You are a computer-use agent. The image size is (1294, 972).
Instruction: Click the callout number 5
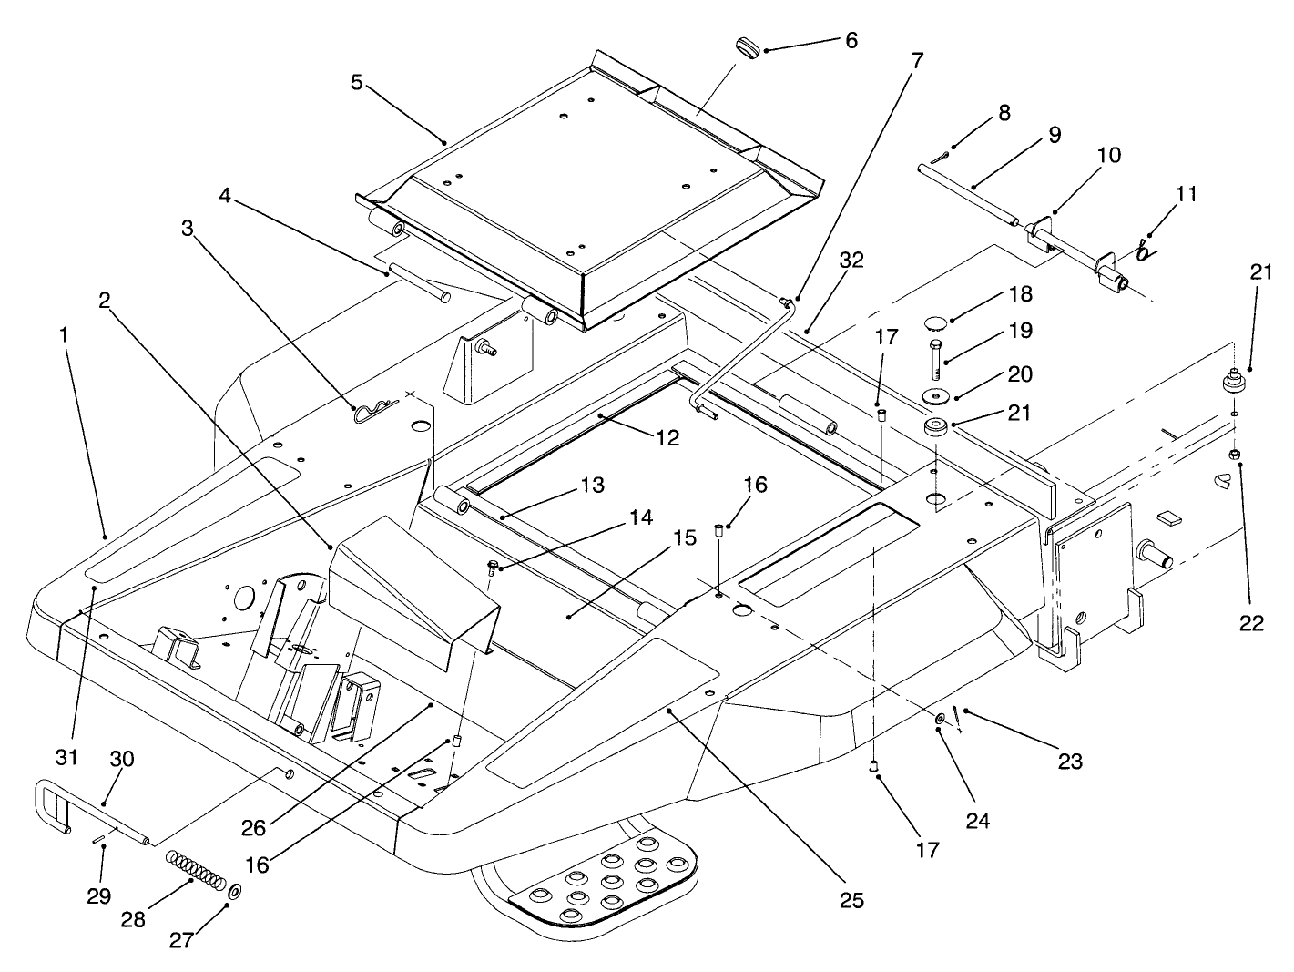pyautogui.click(x=356, y=82)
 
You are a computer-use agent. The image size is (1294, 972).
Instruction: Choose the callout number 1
pyautogui.click(x=64, y=334)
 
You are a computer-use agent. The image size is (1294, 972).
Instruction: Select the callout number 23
pyautogui.click(x=1070, y=760)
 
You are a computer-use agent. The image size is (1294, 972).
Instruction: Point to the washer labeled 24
pyautogui.click(x=939, y=720)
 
